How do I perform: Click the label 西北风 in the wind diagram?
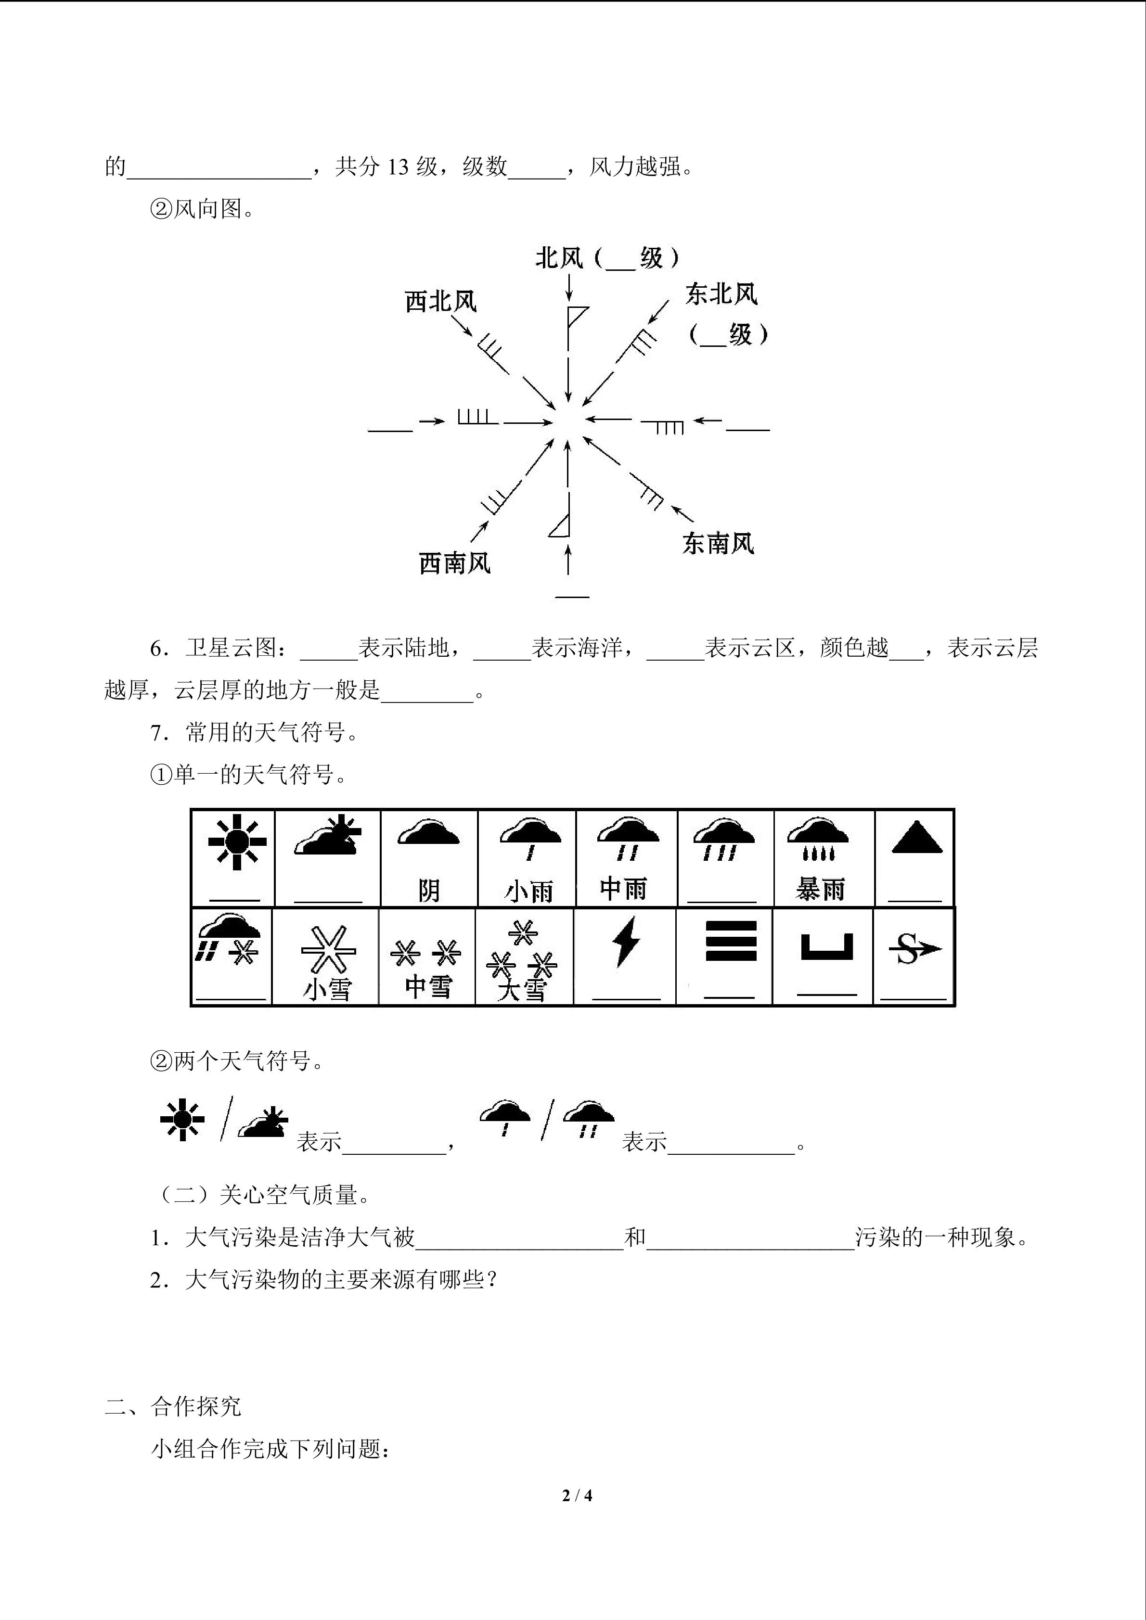pos(441,301)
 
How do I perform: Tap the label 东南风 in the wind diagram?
pos(718,543)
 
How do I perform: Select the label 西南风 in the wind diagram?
pos(454,563)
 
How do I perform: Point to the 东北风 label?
pos(721,293)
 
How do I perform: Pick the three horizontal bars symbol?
pos(731,941)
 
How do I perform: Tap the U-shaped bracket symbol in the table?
pos(827,947)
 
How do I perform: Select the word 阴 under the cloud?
pos(429,891)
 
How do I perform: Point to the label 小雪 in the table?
pos(327,989)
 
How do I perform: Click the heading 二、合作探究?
pos(173,1406)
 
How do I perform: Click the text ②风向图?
pos(202,208)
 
